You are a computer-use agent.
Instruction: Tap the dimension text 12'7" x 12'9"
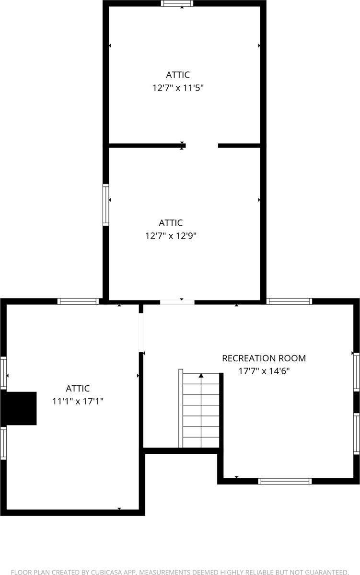tap(171, 236)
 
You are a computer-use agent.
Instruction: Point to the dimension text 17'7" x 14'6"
tap(264, 370)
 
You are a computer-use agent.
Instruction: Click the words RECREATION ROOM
tap(264, 358)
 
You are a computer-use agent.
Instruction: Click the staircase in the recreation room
tap(199, 410)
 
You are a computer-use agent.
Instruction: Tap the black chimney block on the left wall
tap(19, 408)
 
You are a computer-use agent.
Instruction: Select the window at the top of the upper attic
tap(177, 3)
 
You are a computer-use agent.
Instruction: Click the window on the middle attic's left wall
tap(105, 205)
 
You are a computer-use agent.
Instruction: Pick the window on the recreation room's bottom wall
tap(285, 481)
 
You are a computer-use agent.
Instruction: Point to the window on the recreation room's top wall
tap(290, 301)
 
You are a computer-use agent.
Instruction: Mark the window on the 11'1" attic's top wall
tap(78, 301)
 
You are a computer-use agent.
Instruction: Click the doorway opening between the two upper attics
tap(202, 145)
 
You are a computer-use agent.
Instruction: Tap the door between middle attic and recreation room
tap(177, 302)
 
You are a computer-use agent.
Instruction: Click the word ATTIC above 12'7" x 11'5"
tap(178, 75)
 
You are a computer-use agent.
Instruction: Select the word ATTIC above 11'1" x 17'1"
tap(78, 389)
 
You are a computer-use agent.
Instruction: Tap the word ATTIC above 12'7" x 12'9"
tap(171, 223)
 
